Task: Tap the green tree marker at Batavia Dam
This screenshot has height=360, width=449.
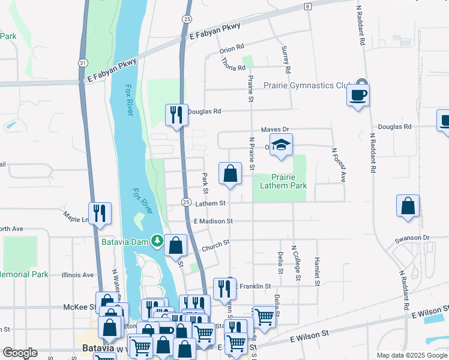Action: [x=157, y=240]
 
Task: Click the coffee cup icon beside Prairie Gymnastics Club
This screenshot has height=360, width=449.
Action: [x=358, y=95]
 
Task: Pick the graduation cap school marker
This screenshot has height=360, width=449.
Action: [x=281, y=145]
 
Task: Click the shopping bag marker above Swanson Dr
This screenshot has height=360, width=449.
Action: [x=408, y=206]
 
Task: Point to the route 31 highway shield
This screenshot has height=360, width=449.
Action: [x=83, y=62]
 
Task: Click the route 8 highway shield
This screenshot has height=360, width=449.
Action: [x=307, y=6]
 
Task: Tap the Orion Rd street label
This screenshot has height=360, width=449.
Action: [x=232, y=47]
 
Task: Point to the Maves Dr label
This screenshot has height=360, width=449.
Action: [x=275, y=130]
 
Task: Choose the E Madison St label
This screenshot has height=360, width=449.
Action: [x=213, y=221]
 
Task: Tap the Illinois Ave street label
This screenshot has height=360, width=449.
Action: [x=77, y=275]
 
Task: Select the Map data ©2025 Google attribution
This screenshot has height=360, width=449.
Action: [x=411, y=355]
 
